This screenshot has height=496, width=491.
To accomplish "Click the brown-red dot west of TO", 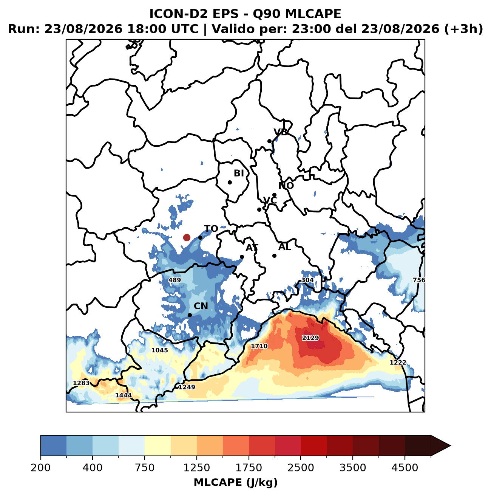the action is click(187, 237).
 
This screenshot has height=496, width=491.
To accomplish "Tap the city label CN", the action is click(201, 306).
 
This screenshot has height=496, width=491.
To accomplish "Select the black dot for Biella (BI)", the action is click(230, 182).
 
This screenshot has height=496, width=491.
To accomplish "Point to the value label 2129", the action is click(310, 338).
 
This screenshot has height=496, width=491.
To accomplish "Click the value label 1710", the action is click(259, 346).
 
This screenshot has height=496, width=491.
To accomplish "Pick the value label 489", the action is click(174, 280).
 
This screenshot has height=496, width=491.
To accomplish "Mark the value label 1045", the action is click(159, 350).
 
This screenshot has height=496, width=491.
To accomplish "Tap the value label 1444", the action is click(124, 395).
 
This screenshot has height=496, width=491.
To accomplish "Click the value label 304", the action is click(307, 280).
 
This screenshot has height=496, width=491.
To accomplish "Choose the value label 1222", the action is click(398, 363).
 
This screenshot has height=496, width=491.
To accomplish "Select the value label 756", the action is click(419, 280).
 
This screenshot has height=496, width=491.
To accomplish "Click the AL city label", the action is click(285, 247).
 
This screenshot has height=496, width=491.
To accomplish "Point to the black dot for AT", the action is click(242, 257).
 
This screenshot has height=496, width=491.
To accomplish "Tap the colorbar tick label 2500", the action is click(300, 467).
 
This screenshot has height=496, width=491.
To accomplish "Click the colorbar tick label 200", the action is click(41, 467).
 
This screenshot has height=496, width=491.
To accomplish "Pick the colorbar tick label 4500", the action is click(405, 467).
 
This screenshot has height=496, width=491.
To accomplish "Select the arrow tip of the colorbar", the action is click(450, 446).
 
